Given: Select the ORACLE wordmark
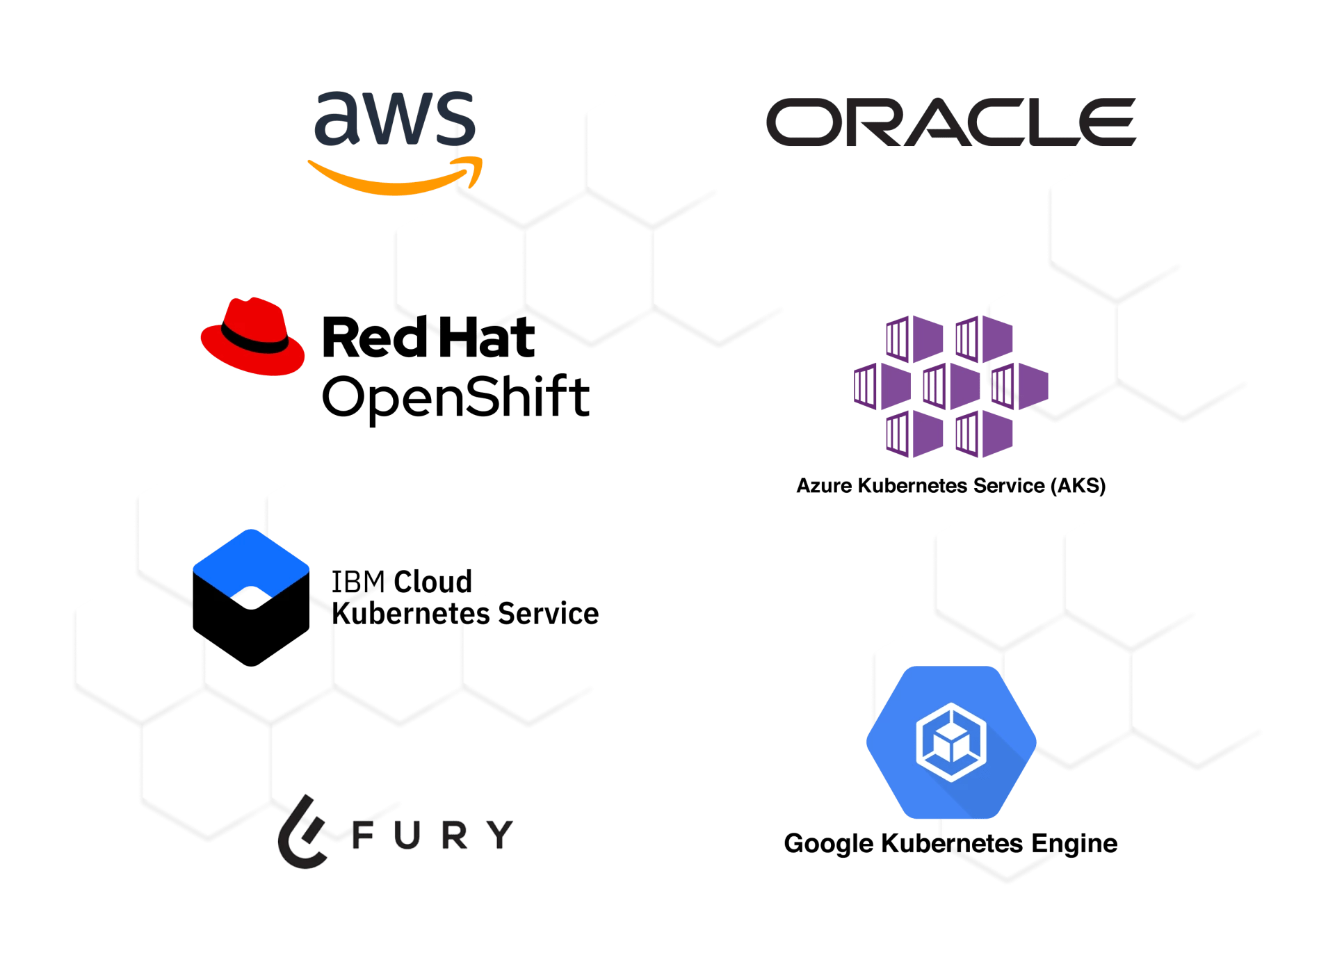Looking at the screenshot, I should click(950, 122).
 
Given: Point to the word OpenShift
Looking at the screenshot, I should click(455, 398).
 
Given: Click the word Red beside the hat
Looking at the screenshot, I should click(375, 338).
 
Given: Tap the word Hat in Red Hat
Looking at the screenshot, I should click(489, 338).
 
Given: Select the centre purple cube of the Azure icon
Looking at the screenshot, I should click(950, 385).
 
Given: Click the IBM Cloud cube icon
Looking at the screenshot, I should click(251, 597).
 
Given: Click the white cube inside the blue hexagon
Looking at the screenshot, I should click(950, 742).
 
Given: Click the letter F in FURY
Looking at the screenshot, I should click(364, 835).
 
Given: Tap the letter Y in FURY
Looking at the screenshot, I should click(499, 834).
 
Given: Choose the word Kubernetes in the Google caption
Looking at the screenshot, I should click(951, 843).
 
